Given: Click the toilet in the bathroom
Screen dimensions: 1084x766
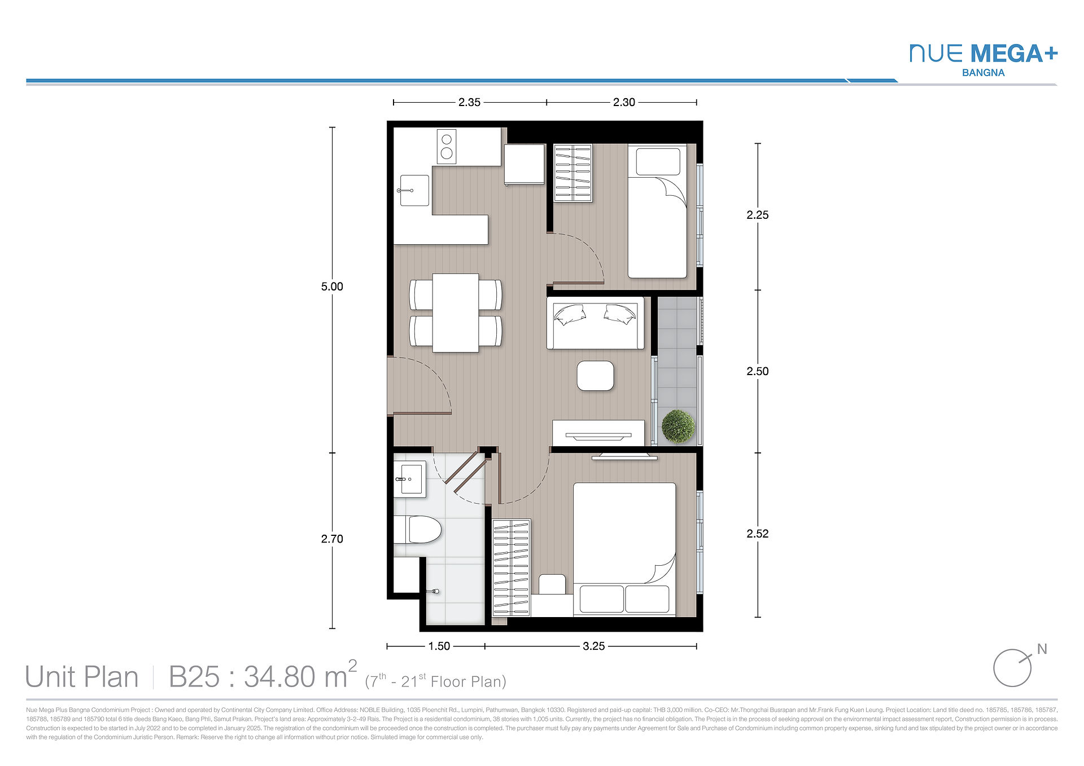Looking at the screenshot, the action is click(x=418, y=530).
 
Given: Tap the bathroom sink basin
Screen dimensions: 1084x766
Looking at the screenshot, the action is click(x=410, y=479).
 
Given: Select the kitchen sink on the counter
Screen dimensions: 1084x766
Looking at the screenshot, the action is click(x=414, y=190).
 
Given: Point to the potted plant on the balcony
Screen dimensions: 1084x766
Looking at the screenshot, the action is click(x=678, y=426).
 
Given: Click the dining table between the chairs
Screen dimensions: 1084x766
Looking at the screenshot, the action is click(x=456, y=312).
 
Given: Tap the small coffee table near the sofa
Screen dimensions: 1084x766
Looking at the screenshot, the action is click(x=595, y=376).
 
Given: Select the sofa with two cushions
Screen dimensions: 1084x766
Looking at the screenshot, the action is click(x=595, y=323).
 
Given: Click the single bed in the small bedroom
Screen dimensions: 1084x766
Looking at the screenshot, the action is click(x=657, y=211).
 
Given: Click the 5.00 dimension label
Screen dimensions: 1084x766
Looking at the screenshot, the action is click(x=332, y=287).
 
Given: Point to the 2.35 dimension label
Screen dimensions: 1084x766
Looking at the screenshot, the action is click(x=469, y=102).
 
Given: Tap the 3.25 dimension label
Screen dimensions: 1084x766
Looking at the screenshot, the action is click(x=593, y=646).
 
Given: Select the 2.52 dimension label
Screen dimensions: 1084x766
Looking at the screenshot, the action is click(x=757, y=534).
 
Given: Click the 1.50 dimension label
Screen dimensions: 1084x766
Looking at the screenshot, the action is click(x=439, y=646).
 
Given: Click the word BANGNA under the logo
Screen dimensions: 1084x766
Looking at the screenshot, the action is click(x=983, y=73).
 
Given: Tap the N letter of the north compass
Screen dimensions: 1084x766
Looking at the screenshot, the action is click(x=1042, y=649).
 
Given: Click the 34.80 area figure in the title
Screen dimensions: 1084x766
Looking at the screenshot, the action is click(x=279, y=677).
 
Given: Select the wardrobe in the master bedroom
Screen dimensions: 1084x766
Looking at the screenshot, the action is click(x=511, y=568).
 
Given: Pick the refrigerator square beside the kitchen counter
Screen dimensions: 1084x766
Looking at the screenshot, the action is click(x=524, y=164).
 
